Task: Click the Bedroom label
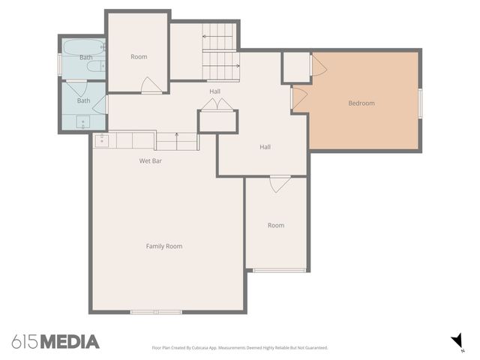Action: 361,103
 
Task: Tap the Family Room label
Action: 163,246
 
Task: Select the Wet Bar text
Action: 151,160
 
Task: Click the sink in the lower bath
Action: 82,122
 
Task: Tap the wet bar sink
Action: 102,139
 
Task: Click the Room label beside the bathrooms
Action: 139,57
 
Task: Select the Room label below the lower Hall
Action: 276,225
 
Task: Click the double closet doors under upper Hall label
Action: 217,107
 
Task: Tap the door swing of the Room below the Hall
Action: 280,183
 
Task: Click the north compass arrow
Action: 456,341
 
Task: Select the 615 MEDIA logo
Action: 55,342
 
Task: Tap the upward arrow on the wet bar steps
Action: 177,136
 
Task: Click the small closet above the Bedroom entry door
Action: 296,67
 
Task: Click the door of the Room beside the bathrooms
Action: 150,85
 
